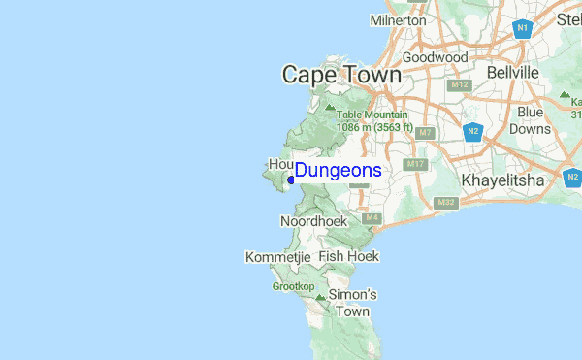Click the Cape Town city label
tap(340, 75)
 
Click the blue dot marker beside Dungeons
tap(291, 179)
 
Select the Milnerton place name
tap(398, 19)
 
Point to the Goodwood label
tap(436, 57)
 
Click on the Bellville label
tap(511, 73)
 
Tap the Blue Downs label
tap(530, 120)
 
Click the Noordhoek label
tap(313, 222)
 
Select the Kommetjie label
tap(277, 257)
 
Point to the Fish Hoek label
tap(348, 256)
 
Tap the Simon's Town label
tap(352, 303)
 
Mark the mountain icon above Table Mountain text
tap(330, 105)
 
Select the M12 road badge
tap(460, 85)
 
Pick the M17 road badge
tap(417, 164)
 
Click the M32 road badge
tap(446, 202)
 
